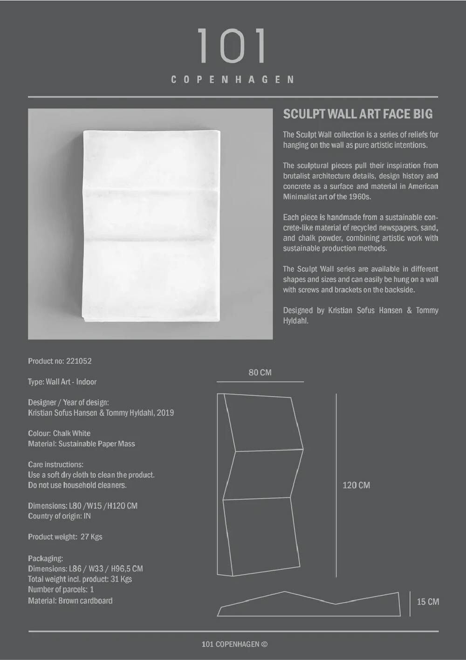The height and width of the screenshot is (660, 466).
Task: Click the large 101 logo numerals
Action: [x=232, y=46]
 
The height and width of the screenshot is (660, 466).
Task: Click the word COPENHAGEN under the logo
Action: [x=233, y=80]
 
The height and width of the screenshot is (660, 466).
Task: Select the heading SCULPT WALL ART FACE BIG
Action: [x=357, y=114]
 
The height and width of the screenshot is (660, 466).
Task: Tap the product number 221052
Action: [x=79, y=361]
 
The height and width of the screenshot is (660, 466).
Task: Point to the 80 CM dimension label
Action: [x=260, y=373]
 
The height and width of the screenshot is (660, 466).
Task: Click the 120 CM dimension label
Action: [x=356, y=485]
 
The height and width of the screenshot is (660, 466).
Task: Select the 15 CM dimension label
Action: [x=427, y=602]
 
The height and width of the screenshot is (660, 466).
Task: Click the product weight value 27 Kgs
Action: [x=91, y=537]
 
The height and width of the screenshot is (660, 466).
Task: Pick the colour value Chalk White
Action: [x=72, y=433]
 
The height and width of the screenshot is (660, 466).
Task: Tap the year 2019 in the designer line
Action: [x=165, y=413]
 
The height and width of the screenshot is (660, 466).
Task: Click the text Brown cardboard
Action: [x=85, y=601]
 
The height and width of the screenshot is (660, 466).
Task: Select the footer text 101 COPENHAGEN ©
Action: [x=234, y=644]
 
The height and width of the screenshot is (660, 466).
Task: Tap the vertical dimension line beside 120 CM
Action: [x=336, y=485]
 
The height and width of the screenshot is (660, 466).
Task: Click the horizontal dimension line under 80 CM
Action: [x=260, y=382]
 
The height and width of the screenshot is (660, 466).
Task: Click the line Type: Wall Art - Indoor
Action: [x=62, y=382]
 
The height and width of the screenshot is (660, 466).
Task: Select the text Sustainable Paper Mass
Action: [x=96, y=444]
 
